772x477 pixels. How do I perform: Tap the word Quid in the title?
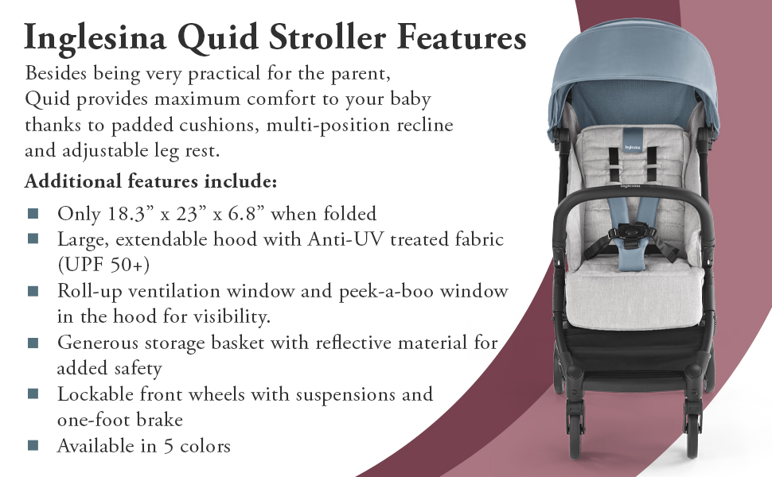217,37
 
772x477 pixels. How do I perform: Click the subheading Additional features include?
150,181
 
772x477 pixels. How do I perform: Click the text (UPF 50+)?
103,265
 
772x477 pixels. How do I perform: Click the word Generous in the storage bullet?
97,343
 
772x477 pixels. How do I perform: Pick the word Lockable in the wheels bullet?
95,394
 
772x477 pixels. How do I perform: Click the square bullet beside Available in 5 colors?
33,445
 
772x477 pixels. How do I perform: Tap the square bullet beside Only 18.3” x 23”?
33,213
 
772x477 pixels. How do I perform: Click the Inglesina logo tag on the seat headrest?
633,141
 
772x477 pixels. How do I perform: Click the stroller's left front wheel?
575,432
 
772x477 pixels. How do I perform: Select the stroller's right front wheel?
692,432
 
